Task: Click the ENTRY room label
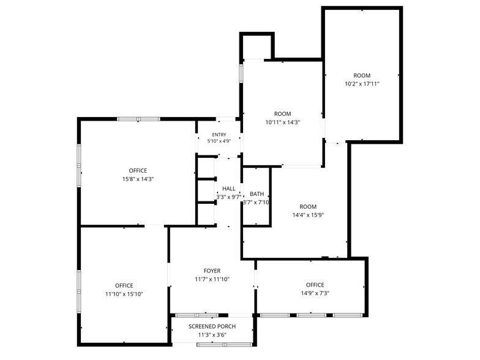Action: (x=219, y=135)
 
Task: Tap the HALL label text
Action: (x=229, y=189)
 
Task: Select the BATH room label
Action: (x=257, y=193)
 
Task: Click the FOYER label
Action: (x=212, y=271)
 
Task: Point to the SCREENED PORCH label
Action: (x=212, y=326)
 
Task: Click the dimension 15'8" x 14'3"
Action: (x=138, y=179)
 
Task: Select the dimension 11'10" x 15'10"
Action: (x=124, y=294)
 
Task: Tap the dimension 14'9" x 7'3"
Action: (x=315, y=293)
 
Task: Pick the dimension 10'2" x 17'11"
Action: (x=362, y=84)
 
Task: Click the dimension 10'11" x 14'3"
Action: (x=283, y=122)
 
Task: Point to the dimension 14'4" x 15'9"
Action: (x=308, y=216)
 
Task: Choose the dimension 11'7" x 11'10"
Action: (x=212, y=279)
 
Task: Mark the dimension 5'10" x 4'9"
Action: (x=219, y=141)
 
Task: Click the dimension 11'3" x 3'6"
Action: (x=212, y=335)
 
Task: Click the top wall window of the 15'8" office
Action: (x=138, y=119)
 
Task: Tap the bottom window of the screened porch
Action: (x=225, y=345)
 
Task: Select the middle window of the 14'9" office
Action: (x=311, y=315)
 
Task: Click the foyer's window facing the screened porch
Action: (x=197, y=315)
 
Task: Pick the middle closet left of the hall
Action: (x=206, y=191)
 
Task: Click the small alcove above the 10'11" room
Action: (x=257, y=47)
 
